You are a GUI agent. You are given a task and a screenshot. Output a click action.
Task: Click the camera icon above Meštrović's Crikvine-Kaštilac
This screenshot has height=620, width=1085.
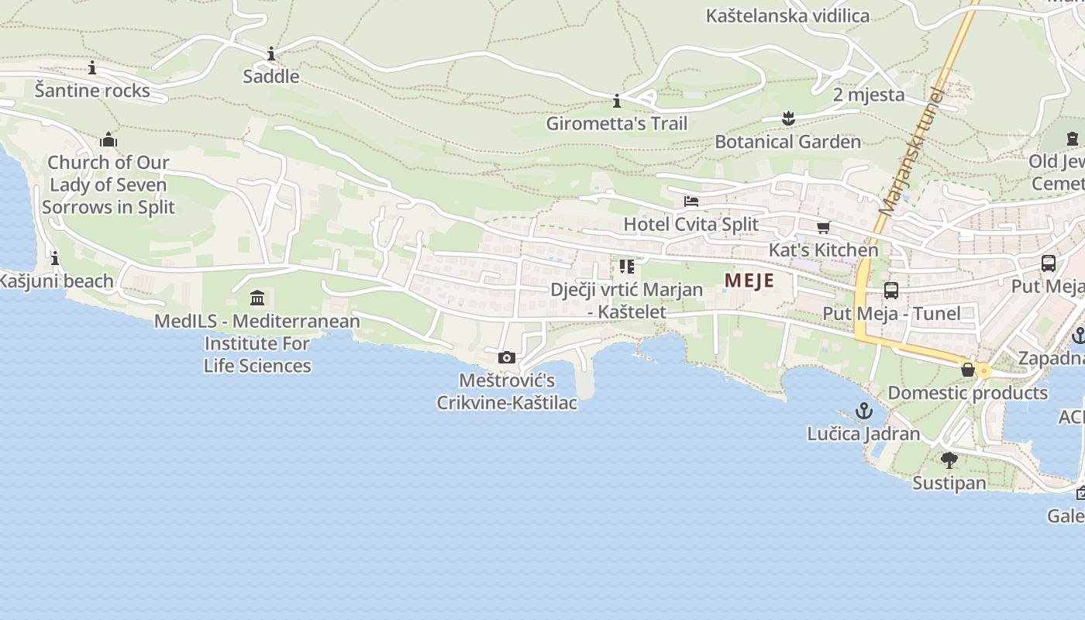pos(507,357)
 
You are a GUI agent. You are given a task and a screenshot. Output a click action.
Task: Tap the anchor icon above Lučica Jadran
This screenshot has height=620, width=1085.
pos(863,410)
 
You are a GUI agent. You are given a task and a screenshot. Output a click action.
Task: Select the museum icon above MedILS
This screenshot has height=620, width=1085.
pos(257,298)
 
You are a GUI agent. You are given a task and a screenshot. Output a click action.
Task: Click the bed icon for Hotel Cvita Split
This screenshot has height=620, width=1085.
pos(691,201)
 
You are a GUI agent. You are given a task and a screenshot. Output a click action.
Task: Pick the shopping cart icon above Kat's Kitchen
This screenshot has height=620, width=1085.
pos(823,227)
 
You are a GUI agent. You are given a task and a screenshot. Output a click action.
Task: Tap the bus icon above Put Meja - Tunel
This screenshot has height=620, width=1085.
pos(891,291)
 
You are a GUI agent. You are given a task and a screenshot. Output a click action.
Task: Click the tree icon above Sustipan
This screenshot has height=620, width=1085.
pos(949,460)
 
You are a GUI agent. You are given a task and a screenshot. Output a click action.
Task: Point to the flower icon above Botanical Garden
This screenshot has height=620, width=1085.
pos(788,119)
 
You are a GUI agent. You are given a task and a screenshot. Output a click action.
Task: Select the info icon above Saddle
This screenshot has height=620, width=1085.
pos(271,54)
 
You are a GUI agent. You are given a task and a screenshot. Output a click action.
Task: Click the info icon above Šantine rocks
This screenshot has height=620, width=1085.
pos(92,68)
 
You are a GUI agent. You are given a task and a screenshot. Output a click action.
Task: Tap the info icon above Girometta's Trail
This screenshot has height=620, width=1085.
pos(617,101)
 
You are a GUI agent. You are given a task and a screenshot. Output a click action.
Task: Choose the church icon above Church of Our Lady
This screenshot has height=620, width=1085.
pos(108,139)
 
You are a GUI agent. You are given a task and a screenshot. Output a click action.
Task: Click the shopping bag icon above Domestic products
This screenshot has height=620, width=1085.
pos(968,370)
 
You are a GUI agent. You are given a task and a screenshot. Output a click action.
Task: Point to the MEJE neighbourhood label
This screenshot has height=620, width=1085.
pos(749,281)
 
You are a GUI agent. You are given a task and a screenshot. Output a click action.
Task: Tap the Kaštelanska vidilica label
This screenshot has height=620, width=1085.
pos(787,15)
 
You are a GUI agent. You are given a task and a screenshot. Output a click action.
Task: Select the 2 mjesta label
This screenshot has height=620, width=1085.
pos(869,95)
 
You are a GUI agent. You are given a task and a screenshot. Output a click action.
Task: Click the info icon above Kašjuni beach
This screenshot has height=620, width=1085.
pos(55,258)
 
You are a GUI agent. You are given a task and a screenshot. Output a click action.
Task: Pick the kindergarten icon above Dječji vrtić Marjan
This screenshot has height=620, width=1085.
pos(627,267)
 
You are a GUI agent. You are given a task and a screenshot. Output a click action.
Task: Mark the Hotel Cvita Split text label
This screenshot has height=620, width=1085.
pos(691,224)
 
